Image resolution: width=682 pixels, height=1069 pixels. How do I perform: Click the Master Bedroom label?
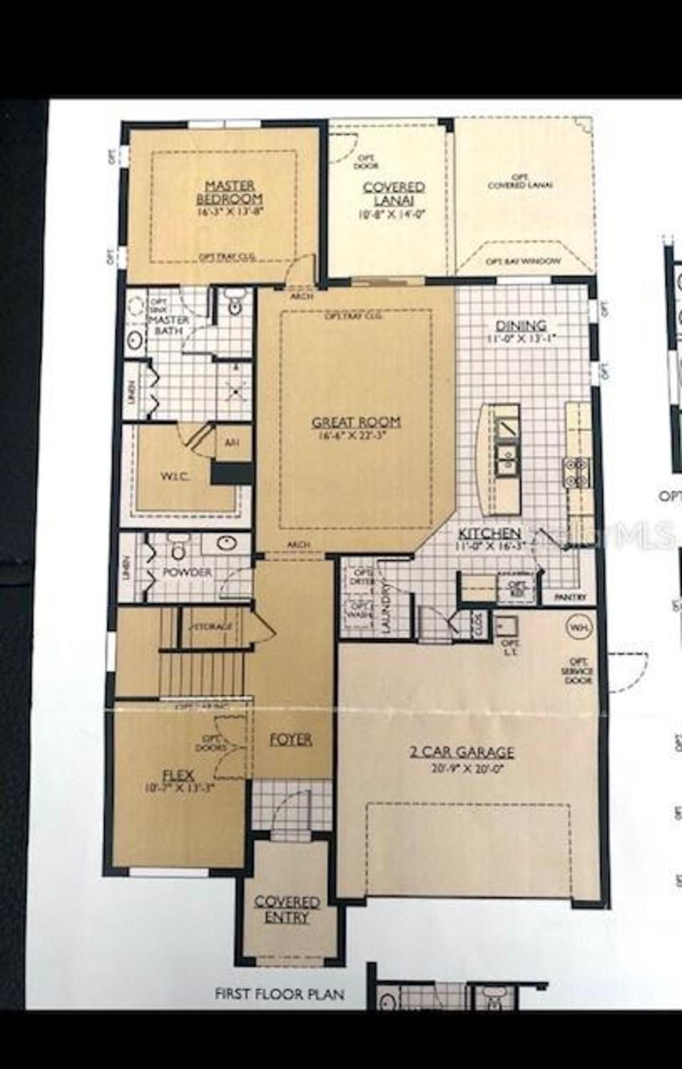(x=230, y=192)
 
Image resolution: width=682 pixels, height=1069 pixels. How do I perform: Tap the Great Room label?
(x=356, y=422)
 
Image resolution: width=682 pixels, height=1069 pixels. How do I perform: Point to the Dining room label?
(x=521, y=325)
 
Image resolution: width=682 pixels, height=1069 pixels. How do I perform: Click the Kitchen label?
(x=489, y=533)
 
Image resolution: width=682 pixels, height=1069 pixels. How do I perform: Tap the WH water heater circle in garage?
(x=579, y=627)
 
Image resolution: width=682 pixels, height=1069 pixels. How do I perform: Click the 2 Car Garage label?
(x=462, y=752)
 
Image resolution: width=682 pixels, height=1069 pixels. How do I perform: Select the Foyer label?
(x=290, y=739)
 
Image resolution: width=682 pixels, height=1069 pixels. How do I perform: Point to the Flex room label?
(x=178, y=775)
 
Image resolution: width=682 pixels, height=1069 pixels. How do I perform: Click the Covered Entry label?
(x=287, y=909)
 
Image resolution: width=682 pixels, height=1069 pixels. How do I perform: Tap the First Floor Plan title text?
(x=280, y=994)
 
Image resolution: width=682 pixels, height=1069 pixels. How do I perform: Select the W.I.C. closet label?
(x=175, y=476)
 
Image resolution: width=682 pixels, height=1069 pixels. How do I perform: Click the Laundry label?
(x=387, y=607)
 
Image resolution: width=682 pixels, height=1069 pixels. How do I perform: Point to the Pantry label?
(x=570, y=597)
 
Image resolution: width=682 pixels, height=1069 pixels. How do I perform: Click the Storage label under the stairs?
(x=212, y=627)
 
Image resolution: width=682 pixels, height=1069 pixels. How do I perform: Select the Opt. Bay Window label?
(x=523, y=261)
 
